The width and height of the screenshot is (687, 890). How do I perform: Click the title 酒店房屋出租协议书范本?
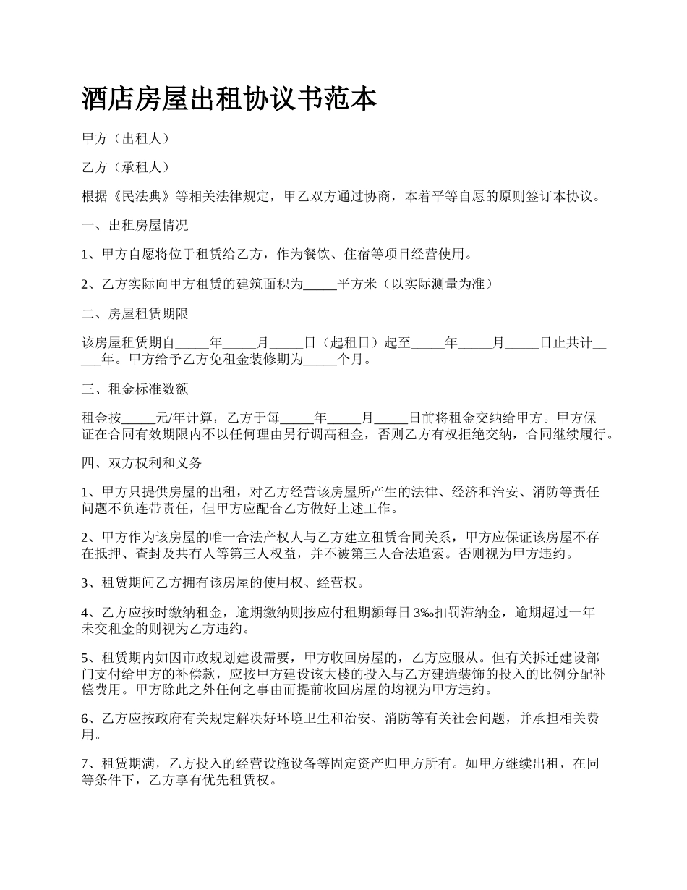coord(229,99)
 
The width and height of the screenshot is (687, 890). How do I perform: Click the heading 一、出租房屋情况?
coord(135,226)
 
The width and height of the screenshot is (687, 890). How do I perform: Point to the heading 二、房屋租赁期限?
coord(135,313)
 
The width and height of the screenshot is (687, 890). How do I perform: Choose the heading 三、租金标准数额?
coord(135,389)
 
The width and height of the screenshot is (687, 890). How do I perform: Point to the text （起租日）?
coord(351,343)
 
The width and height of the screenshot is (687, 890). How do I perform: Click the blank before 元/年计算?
coord(140,418)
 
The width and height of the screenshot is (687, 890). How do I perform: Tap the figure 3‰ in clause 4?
coord(423,613)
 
